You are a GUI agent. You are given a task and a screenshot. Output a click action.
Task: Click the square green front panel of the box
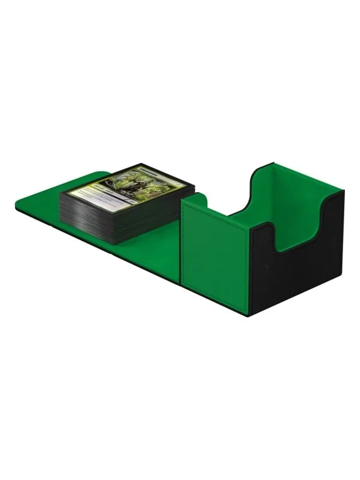click(x=214, y=253)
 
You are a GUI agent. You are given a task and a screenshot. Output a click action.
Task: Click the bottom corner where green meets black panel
click(x=248, y=315)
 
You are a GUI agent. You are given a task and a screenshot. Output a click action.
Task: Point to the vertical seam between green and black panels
click(x=249, y=265)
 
